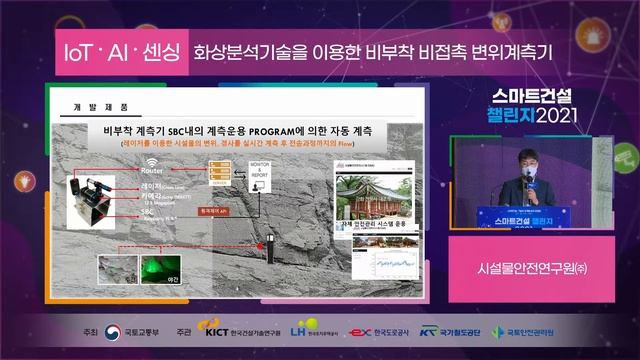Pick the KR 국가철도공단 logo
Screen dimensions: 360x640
[x=429, y=331]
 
